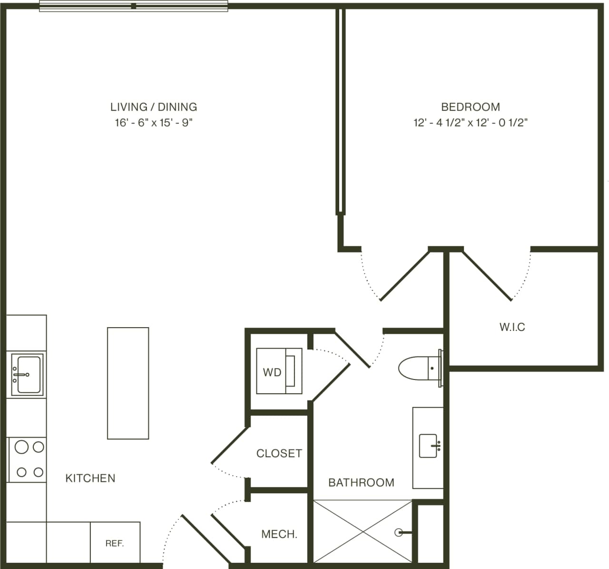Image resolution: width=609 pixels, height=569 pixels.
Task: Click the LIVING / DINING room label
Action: point(154,107)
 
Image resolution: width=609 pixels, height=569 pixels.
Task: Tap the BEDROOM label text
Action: point(471,107)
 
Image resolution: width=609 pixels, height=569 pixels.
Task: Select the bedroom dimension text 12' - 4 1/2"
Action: point(438,123)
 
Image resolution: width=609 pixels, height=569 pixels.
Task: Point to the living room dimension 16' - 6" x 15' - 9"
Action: point(154,123)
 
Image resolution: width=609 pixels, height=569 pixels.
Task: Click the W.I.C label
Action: point(512,327)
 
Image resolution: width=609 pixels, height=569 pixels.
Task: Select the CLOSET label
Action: point(279,453)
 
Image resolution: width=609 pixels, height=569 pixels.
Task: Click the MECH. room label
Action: point(279,534)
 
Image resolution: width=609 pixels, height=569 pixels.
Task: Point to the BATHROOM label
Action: point(361,483)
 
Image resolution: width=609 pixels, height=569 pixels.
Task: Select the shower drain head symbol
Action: point(399,533)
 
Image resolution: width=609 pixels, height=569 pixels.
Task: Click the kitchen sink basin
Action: point(29,374)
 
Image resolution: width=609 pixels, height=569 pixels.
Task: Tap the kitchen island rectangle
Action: point(128,383)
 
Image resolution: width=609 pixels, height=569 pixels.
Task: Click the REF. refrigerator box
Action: point(115,543)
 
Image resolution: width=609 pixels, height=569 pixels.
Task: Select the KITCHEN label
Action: point(90,478)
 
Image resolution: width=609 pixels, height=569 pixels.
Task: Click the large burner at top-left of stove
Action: point(21,447)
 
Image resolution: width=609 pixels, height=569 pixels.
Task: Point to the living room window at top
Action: point(133,6)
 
